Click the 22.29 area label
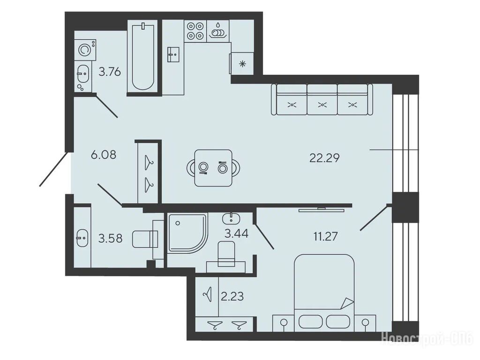[324, 158]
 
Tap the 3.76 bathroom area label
[110, 72]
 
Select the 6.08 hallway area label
[104, 155]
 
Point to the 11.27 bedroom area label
[325, 236]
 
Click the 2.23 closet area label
[232, 296]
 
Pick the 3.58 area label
[110, 238]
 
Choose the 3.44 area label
[236, 233]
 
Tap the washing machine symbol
[85, 49]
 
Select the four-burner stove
[195, 31]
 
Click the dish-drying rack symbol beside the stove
[217, 31]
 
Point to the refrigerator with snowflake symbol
[242, 63]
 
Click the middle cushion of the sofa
[322, 100]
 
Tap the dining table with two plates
[213, 168]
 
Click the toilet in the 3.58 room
[145, 239]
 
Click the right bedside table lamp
[365, 323]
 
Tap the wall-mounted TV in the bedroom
[322, 210]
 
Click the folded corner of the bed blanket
[347, 303]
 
